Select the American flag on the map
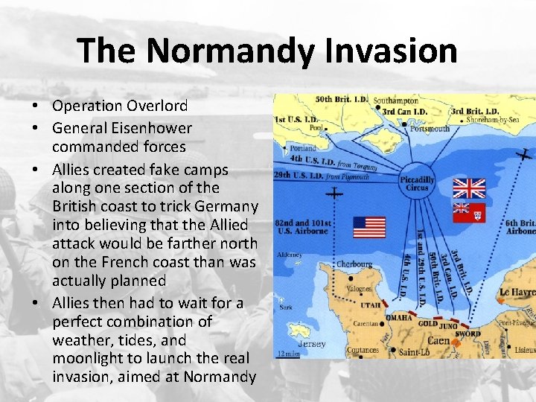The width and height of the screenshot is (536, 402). [369, 227]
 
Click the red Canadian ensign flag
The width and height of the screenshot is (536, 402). [468, 213]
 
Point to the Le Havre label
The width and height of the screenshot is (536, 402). [517, 293]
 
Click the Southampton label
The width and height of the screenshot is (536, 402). [396, 100]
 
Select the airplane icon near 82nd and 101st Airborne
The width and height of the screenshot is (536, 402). [335, 193]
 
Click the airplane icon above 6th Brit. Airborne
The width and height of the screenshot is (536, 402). [525, 155]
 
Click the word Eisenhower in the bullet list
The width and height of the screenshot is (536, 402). [155, 129]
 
